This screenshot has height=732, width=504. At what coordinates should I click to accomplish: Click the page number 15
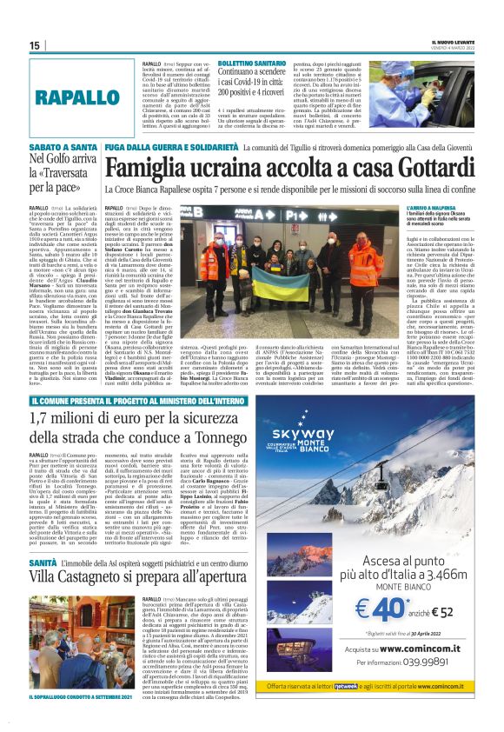pyautogui.click(x=34, y=44)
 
